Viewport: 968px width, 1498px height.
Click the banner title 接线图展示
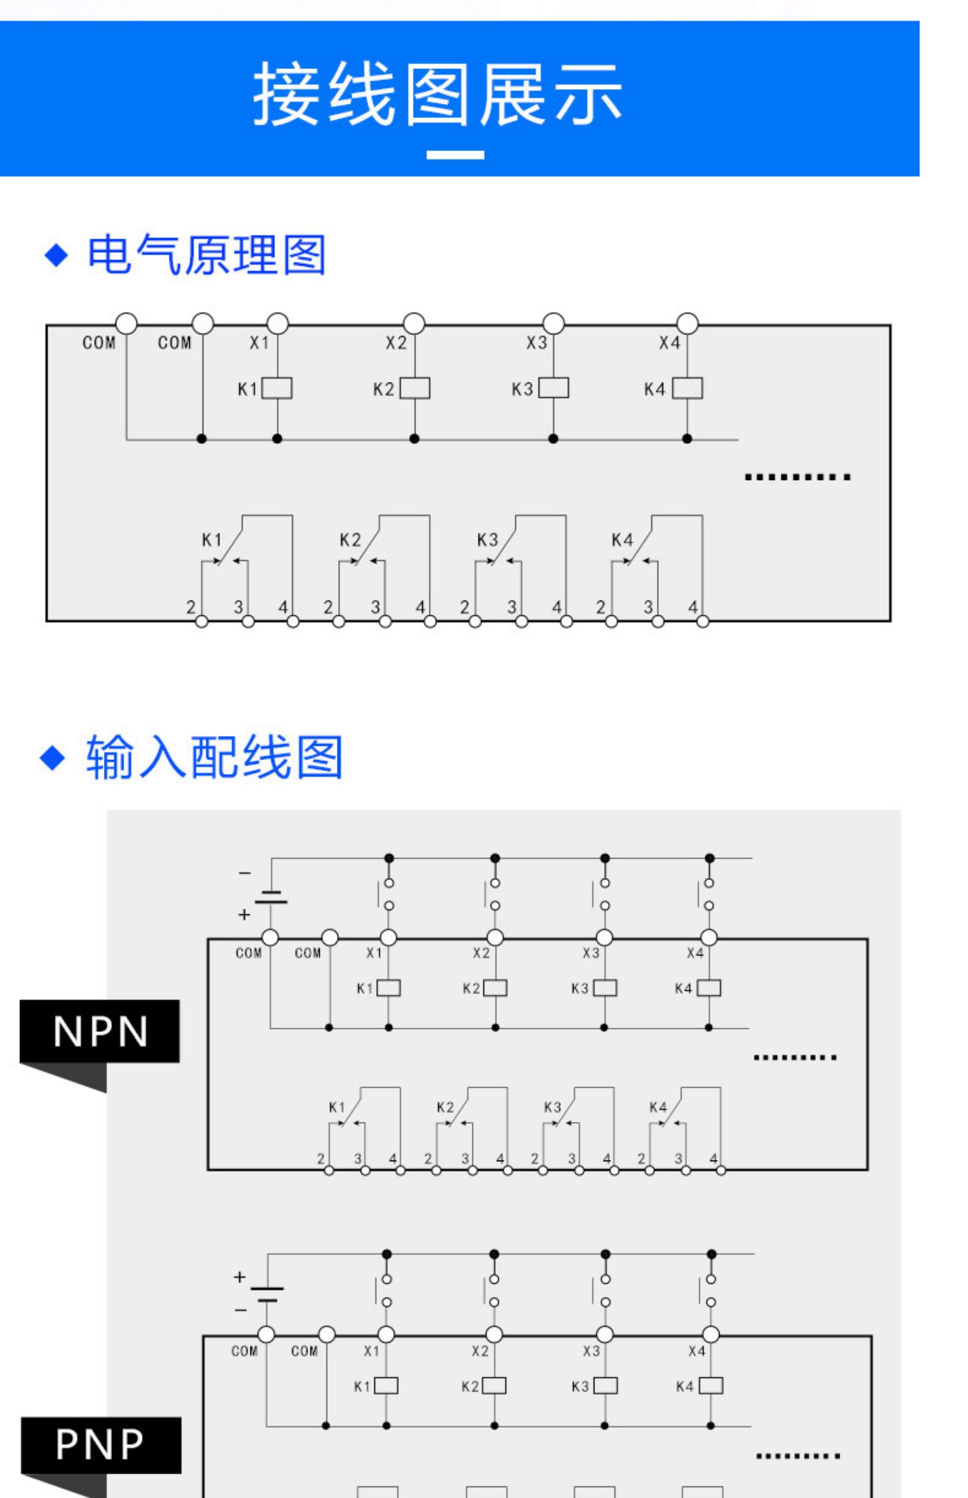437,95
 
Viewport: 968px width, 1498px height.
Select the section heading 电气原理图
206,255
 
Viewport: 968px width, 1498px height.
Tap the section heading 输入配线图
214,757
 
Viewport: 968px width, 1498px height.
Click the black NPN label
100,1031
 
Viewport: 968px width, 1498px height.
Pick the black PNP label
101,1444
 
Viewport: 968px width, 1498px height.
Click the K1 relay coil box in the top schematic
277,388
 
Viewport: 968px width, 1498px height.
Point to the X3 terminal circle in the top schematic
553,323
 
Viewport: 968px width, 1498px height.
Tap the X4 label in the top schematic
669,343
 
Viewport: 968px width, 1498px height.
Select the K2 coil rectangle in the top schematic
414,388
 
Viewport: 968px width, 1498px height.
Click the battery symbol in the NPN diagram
271,897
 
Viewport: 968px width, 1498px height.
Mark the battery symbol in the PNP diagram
267,1293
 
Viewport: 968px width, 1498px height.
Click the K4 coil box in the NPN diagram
709,988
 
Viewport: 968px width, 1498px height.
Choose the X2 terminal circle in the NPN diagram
495,937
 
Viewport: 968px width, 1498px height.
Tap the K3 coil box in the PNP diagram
605,1386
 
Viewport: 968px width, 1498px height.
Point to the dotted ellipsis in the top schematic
797,477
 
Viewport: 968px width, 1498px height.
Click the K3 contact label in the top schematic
487,540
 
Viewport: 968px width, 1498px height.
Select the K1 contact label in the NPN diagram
337,1108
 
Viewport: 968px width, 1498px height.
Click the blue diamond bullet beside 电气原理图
57,255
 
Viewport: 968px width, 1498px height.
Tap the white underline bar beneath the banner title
455,155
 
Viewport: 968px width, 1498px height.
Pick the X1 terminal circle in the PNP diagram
386,1334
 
